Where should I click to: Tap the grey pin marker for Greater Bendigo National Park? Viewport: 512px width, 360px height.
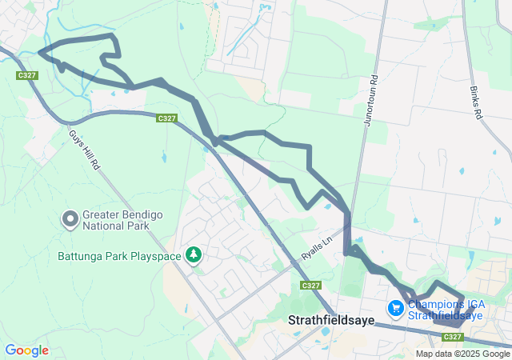pyautogui.click(x=70, y=218)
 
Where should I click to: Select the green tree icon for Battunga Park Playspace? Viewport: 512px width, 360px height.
pyautogui.click(x=193, y=255)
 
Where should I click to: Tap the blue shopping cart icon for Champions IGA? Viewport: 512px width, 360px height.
pyautogui.click(x=395, y=307)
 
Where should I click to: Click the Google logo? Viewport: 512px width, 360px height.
pyautogui.click(x=26, y=350)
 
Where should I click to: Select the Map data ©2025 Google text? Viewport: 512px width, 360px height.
pyautogui.click(x=462, y=354)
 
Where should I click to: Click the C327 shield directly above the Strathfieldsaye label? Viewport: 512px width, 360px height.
pyautogui.click(x=312, y=285)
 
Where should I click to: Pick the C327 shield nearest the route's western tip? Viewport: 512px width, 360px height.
pyautogui.click(x=27, y=75)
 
